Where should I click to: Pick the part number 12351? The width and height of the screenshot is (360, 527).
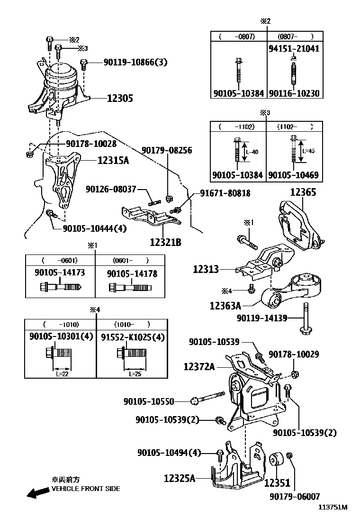[277, 483]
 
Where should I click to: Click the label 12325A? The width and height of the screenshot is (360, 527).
[180, 479]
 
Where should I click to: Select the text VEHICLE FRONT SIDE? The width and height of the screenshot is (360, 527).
[85, 489]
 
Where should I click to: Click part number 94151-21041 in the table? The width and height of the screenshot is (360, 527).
[293, 48]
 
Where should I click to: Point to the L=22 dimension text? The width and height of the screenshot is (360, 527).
[60, 373]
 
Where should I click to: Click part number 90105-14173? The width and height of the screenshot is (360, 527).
[60, 273]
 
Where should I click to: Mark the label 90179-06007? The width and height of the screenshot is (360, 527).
[295, 496]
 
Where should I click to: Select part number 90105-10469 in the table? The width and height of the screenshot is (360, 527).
[293, 175]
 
